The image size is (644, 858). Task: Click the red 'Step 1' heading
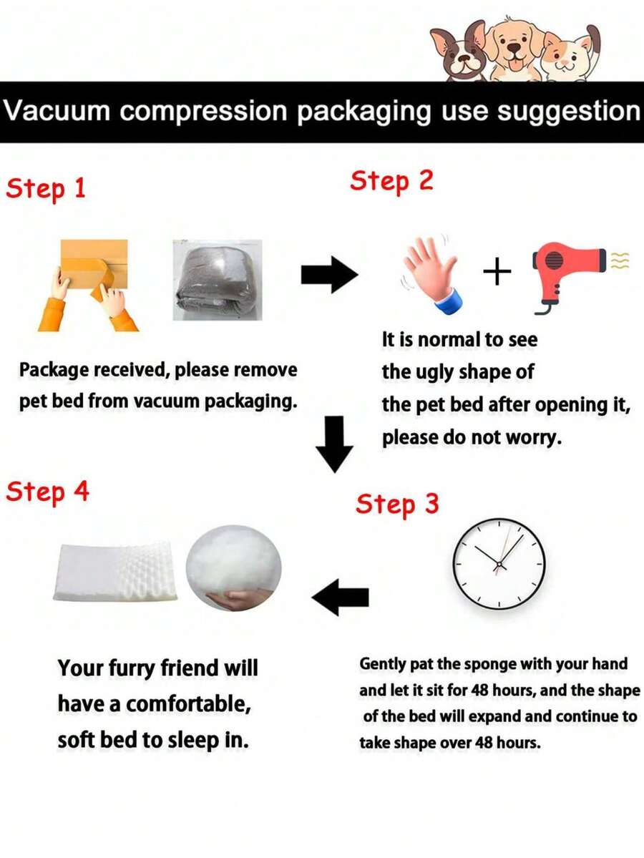[46, 189]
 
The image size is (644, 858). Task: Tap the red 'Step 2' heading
[391, 181]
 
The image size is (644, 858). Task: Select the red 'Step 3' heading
[397, 503]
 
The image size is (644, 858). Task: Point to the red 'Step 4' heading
[48, 491]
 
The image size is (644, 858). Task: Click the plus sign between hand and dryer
[497, 272]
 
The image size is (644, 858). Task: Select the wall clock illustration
[499, 564]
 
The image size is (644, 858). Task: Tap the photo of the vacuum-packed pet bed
[218, 280]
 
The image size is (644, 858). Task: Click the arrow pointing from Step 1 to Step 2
[329, 275]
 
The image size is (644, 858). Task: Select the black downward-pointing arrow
[334, 444]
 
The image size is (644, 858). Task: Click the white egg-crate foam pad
[116, 572]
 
